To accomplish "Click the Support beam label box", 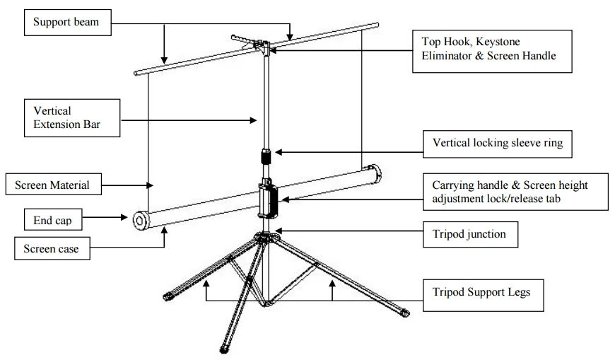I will pos(66,23).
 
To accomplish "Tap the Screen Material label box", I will pos(53,185).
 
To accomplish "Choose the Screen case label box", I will pos(52,248).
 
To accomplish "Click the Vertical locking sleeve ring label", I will pos(497,144).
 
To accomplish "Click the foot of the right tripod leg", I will pos(404,312).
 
